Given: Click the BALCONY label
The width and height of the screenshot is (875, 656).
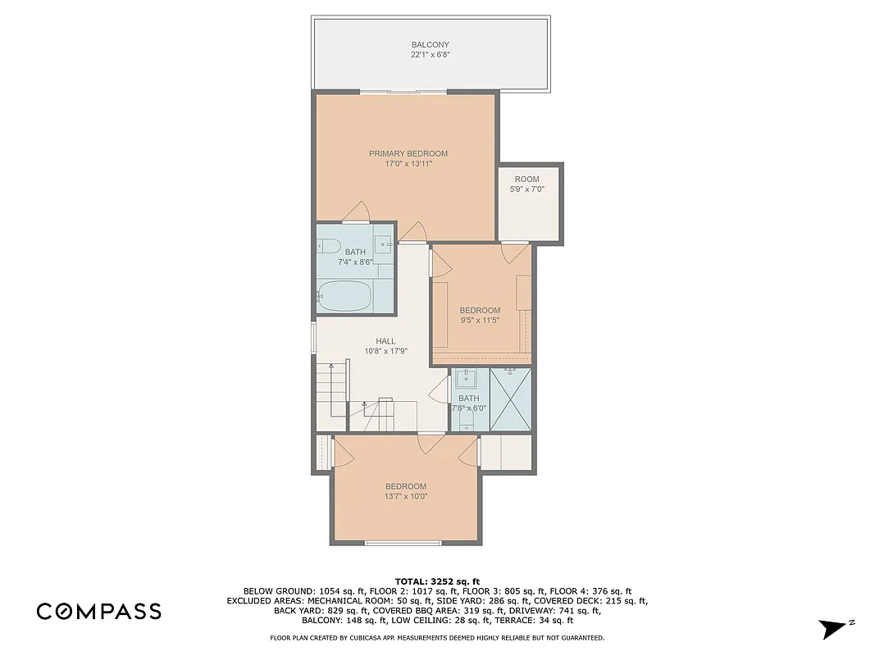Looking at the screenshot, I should point(430,45).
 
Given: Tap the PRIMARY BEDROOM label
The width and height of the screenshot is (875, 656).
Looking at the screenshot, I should point(408,153).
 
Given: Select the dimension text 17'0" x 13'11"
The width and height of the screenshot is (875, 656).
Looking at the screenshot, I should point(408,164).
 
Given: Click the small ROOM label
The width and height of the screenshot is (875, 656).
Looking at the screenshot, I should point(526,179).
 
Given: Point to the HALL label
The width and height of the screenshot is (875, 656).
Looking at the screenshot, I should point(385,341).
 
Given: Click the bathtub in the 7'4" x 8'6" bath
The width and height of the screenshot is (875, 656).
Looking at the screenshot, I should point(344,296).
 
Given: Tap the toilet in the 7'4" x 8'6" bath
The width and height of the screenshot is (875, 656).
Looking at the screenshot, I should point(328,245).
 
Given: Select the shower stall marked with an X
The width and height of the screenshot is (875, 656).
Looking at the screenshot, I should point(510,399).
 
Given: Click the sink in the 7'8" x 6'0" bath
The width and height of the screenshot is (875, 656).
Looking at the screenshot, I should point(467,378).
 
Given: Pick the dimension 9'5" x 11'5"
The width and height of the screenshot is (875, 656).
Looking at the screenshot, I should point(479,321).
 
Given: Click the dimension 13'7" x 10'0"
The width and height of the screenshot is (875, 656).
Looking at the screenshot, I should point(405,496).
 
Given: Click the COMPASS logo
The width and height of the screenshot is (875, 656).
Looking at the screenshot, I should point(98,611).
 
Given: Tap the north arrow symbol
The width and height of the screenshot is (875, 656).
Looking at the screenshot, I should point(833,628).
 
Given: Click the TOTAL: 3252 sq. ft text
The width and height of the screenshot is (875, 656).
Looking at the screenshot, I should point(437,580).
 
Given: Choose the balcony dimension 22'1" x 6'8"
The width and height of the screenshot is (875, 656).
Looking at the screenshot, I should point(430,55).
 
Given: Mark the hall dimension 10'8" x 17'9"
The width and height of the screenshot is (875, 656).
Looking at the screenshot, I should point(385,351).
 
